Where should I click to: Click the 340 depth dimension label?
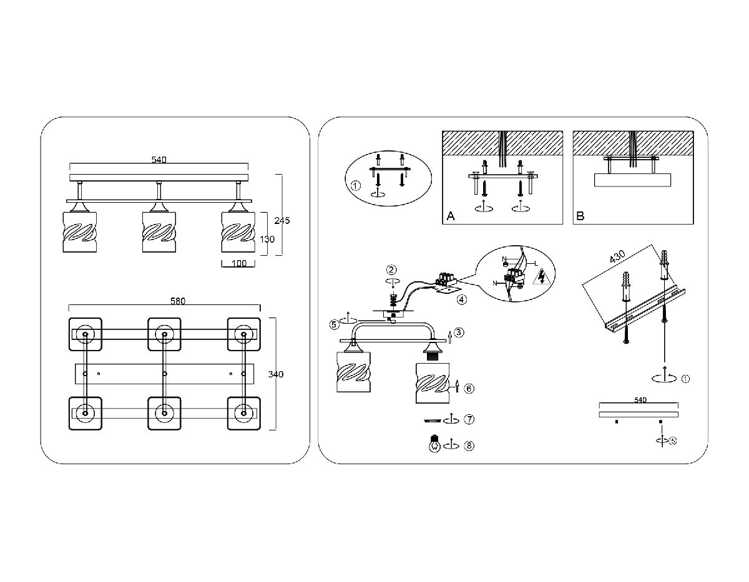(275, 374)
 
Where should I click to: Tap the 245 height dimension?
(282, 220)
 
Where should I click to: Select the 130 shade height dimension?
(267, 239)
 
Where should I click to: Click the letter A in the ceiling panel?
(450, 216)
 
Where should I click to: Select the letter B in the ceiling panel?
(580, 216)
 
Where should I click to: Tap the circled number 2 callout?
(391, 270)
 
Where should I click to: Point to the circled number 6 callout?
(469, 388)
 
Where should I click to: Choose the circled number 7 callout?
(469, 418)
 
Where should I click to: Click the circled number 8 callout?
(469, 446)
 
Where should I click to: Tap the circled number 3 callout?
(459, 332)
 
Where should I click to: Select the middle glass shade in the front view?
(159, 232)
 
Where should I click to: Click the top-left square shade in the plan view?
(85, 334)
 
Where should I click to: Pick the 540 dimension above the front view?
(159, 160)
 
